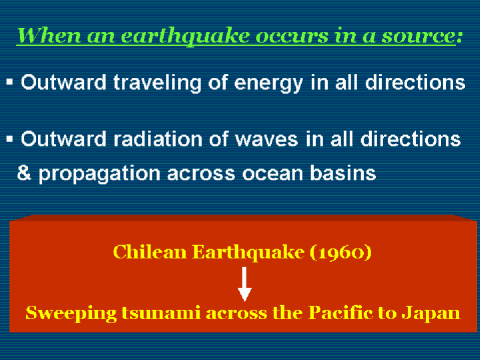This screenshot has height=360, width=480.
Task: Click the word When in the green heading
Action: click(x=49, y=35)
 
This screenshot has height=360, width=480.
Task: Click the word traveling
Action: click(x=157, y=83)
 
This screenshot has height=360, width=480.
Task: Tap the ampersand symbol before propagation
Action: click(x=24, y=173)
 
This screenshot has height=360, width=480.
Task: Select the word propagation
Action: click(x=100, y=174)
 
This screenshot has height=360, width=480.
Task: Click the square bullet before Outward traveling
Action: click(x=9, y=82)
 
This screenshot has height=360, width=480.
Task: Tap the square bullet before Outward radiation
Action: click(x=9, y=139)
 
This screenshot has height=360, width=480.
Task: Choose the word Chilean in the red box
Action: click(x=150, y=252)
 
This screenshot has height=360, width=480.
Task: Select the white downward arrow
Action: click(x=245, y=284)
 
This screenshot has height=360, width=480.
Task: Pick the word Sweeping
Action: click(x=71, y=314)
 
